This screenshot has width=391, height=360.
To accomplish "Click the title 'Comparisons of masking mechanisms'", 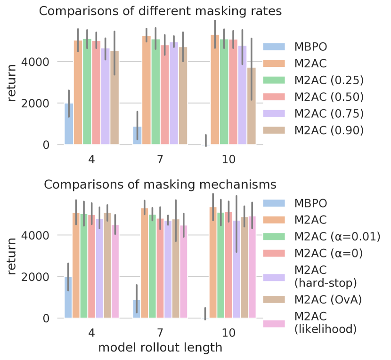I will coord(160,184).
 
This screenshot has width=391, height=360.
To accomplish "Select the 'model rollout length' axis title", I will coord(160,348).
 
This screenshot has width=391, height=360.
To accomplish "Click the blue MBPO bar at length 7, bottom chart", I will coord(137,309).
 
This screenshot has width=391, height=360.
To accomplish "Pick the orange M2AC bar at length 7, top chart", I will coord(147,90).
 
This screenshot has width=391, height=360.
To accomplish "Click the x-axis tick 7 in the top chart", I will coord(160,160).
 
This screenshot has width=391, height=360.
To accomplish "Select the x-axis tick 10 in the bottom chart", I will coord(229,333).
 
